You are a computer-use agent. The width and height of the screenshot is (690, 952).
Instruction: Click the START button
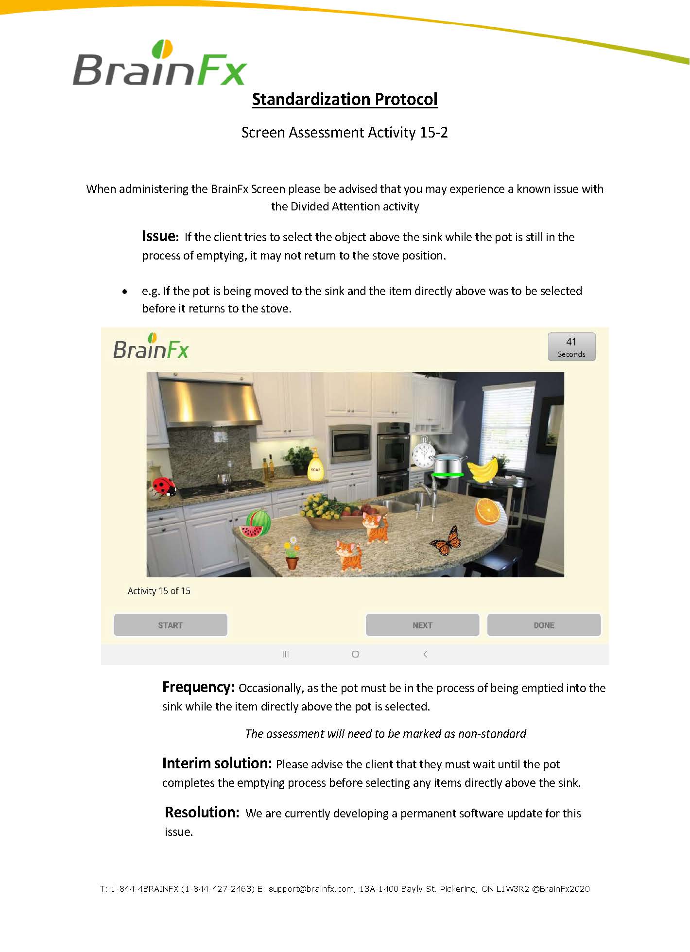click(170, 625)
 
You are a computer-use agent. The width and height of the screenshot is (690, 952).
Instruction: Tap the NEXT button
click(422, 625)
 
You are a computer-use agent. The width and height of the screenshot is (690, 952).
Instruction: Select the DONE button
click(544, 625)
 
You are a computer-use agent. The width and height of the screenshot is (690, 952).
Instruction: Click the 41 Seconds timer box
click(571, 347)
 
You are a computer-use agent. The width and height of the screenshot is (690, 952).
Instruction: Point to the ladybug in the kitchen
click(163, 487)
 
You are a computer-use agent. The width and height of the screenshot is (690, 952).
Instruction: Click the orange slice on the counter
click(487, 511)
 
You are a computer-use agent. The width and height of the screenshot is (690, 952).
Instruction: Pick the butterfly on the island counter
click(447, 541)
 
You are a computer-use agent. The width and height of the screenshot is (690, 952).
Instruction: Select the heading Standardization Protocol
click(345, 99)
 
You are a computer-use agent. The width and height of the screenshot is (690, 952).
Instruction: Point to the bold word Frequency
click(198, 687)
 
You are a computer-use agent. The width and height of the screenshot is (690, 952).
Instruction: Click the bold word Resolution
click(202, 813)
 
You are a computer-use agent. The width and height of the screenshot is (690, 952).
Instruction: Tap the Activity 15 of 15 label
click(159, 591)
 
